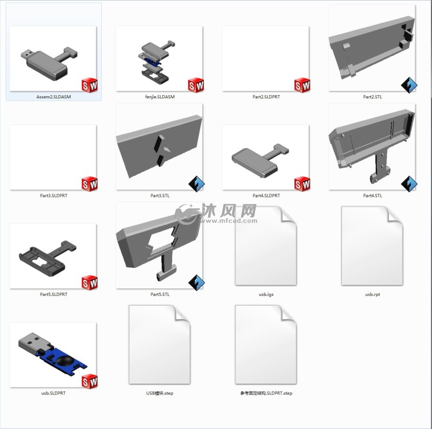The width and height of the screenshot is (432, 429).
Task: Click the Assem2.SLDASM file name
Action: (53, 97)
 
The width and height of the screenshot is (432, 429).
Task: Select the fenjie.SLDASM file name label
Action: (160, 97)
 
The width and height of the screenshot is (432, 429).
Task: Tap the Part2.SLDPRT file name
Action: (266, 97)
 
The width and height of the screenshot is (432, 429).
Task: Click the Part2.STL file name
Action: (372, 97)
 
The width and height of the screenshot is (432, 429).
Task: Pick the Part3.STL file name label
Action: (160, 196)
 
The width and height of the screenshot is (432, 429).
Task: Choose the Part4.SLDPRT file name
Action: (266, 196)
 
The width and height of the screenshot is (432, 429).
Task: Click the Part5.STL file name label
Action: (160, 294)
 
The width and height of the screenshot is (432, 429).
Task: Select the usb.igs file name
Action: (266, 294)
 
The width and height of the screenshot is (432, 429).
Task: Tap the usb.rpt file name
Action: (372, 294)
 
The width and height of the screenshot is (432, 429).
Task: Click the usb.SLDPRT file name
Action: (53, 393)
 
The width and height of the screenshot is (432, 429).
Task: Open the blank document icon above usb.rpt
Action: (372, 246)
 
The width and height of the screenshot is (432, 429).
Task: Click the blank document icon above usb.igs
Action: (266, 246)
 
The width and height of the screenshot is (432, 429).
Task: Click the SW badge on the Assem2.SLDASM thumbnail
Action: (90, 85)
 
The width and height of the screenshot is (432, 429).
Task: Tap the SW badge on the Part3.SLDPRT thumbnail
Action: (90, 184)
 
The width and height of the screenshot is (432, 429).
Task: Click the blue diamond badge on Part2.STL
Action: (409, 85)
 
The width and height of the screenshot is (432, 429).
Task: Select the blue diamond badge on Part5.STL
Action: (197, 283)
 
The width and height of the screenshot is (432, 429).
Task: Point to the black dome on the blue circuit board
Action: (65, 360)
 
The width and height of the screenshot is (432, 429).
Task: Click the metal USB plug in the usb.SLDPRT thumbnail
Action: (34, 342)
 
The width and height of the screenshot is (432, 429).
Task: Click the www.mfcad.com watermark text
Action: (229, 221)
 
